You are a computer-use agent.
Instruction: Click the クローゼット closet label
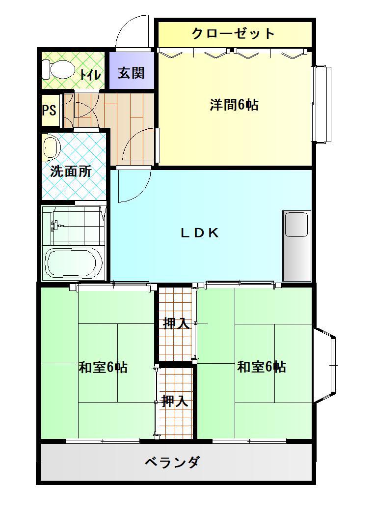[233, 33]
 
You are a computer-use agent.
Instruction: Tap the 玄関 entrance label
[132, 72]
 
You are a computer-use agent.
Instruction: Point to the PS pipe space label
[49, 110]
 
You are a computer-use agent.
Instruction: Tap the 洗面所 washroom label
[71, 172]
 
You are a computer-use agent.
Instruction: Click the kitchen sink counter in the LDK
[296, 245]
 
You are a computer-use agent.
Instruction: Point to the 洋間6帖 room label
[234, 105]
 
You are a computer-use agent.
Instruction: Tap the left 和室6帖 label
[103, 367]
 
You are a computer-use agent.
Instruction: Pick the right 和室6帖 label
[261, 367]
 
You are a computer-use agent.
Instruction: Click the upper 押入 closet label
[176, 323]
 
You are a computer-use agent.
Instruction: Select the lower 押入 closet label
[175, 401]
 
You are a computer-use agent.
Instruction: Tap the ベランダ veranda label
[172, 462]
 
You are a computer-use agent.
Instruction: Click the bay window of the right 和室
[325, 365]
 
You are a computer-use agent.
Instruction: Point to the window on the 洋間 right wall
[322, 104]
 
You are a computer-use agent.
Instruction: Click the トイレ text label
[90, 74]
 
